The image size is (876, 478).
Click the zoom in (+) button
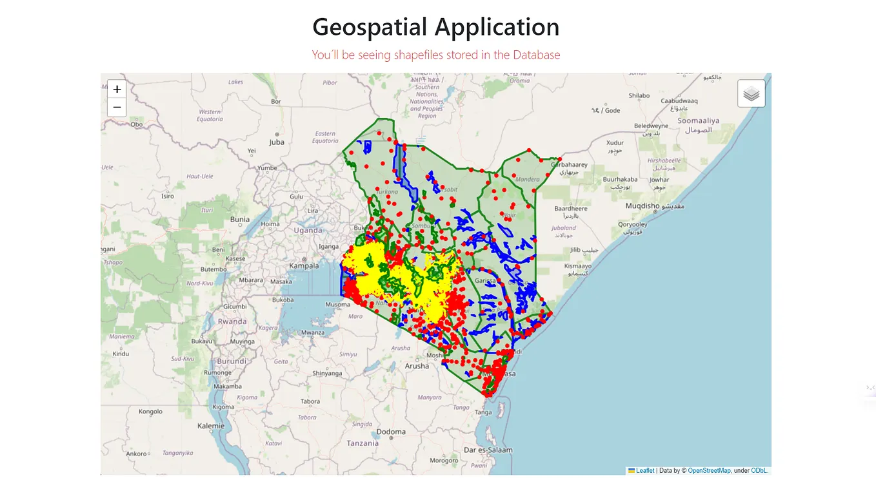(x=117, y=89)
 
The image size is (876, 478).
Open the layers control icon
(x=751, y=94)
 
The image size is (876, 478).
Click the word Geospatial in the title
(x=370, y=27)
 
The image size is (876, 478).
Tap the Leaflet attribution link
(x=645, y=471)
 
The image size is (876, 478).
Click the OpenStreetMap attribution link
(x=709, y=471)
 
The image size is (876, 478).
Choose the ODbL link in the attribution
(x=759, y=471)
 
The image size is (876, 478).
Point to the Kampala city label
(x=304, y=265)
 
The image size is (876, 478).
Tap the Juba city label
(x=277, y=142)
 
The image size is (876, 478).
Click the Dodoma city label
(x=391, y=432)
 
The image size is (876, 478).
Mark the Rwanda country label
(x=232, y=321)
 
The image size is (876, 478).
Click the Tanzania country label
(x=362, y=443)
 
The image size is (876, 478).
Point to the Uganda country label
(x=308, y=230)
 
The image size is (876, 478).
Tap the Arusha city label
(x=417, y=366)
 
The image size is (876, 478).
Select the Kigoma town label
(x=223, y=406)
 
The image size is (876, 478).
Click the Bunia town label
(x=240, y=220)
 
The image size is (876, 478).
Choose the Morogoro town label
(x=444, y=461)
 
